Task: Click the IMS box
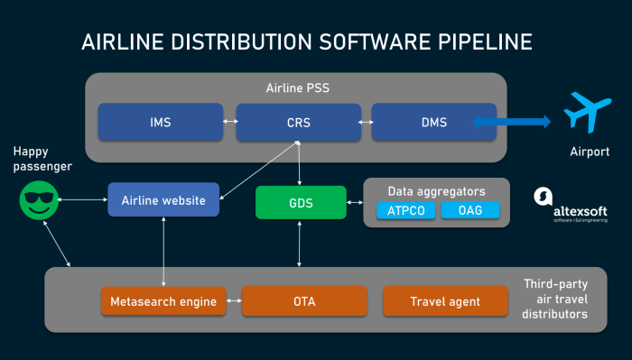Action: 160,122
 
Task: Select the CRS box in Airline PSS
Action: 299,122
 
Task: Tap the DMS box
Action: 434,122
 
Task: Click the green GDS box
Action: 301,202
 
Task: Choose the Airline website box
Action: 163,199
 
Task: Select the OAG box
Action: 469,210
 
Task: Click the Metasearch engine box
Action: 163,301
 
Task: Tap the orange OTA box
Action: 304,301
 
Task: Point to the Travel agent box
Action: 445,301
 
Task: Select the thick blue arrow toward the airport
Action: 511,122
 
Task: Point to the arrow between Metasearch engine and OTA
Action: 234,301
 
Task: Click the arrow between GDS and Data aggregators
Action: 355,202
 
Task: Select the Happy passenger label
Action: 38,160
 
